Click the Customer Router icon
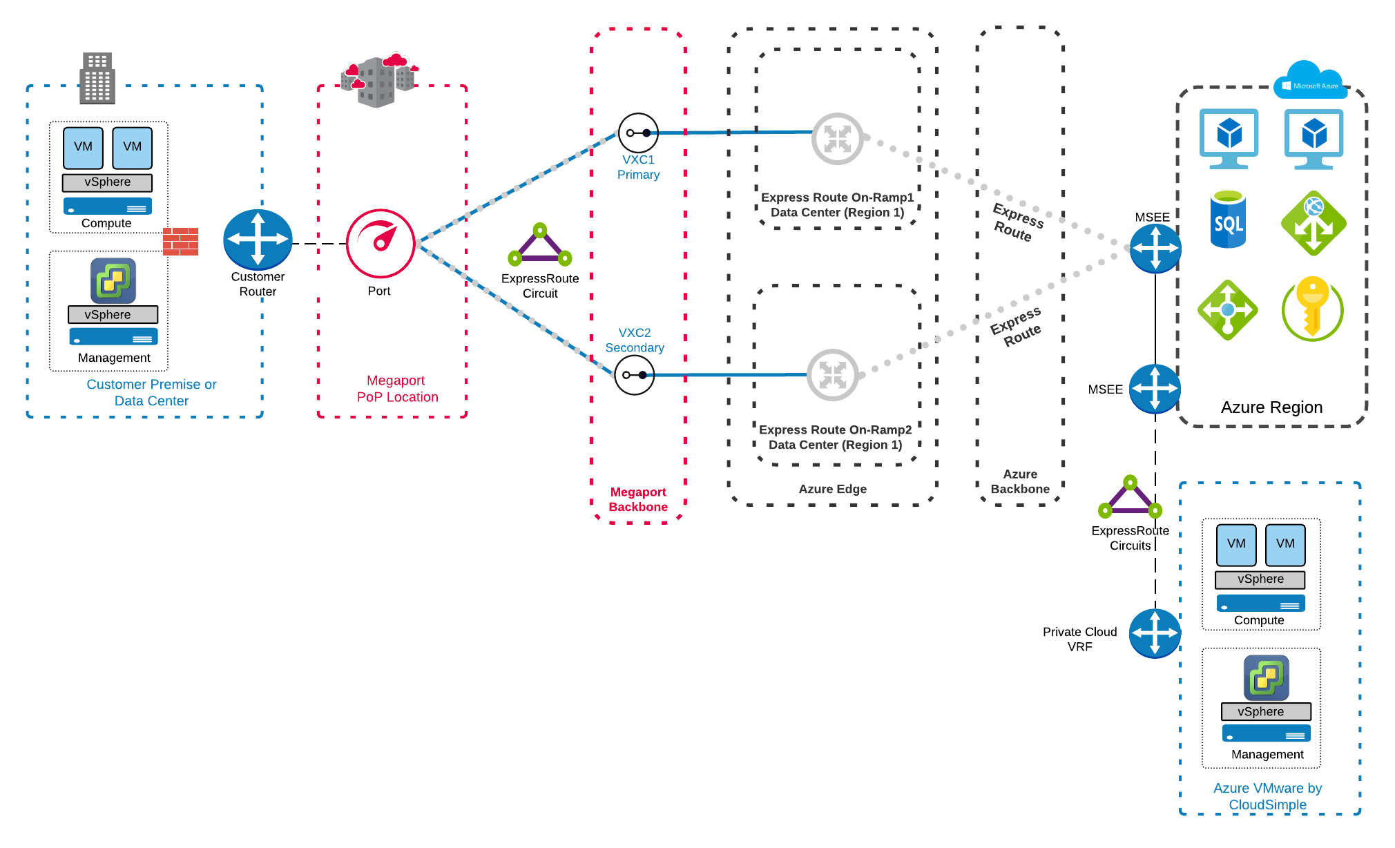258,239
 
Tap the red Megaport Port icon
380,243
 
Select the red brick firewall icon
180,242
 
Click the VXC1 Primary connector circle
637,133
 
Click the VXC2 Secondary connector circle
634,375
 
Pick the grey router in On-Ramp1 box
837,139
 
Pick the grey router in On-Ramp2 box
832,375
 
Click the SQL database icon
1228,220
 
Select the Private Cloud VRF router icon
1155,633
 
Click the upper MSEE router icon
1155,248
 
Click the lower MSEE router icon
1155,389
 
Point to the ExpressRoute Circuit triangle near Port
540,245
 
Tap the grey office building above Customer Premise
97,78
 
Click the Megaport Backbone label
638,499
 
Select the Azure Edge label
832,489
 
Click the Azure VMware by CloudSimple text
1267,796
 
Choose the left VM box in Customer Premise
83,147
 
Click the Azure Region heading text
1271,407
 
